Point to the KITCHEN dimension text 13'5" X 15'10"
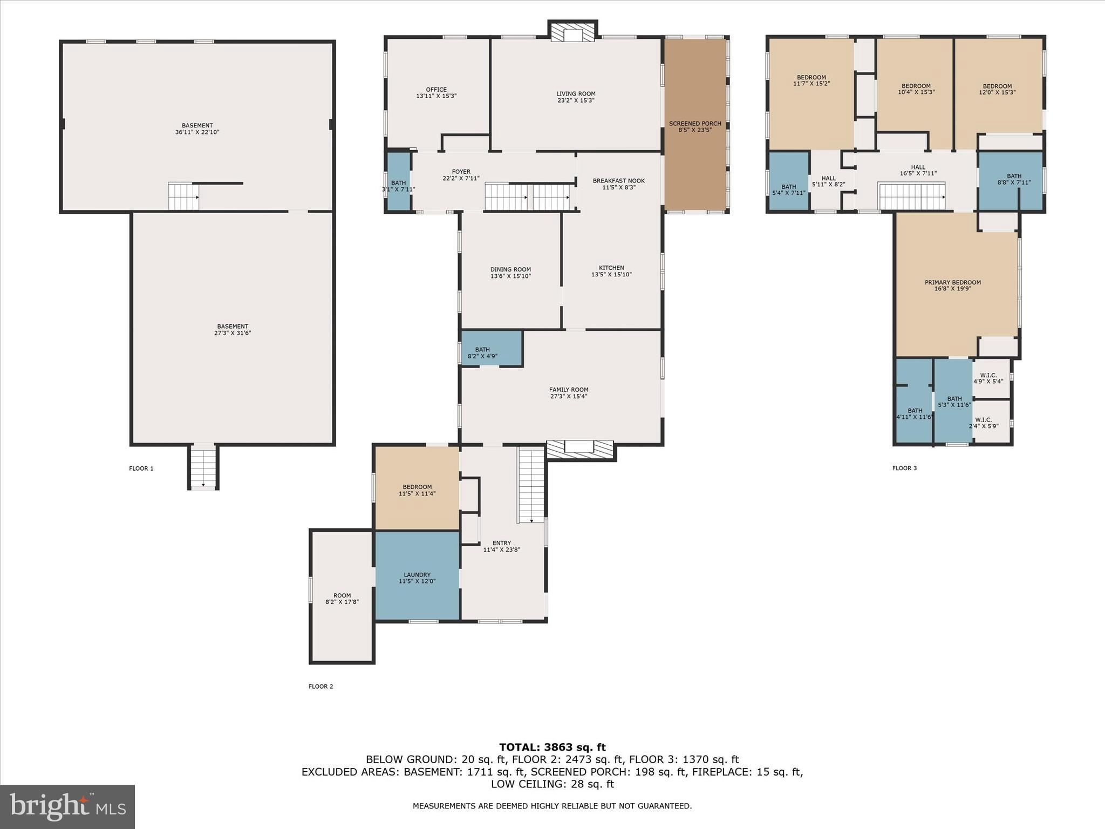pyautogui.click(x=611, y=275)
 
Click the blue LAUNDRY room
pyautogui.click(x=417, y=577)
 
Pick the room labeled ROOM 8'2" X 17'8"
pyautogui.click(x=342, y=598)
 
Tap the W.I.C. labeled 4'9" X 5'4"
pyautogui.click(x=988, y=378)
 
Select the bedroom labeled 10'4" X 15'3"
pyautogui.click(x=916, y=89)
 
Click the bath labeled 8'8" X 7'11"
pyautogui.click(x=1013, y=179)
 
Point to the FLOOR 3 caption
pyautogui.click(x=904, y=468)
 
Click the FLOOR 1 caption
pyautogui.click(x=141, y=468)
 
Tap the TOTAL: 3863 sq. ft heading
pyautogui.click(x=552, y=747)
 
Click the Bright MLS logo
pyautogui.click(x=67, y=806)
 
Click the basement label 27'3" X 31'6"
pyautogui.click(x=233, y=330)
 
